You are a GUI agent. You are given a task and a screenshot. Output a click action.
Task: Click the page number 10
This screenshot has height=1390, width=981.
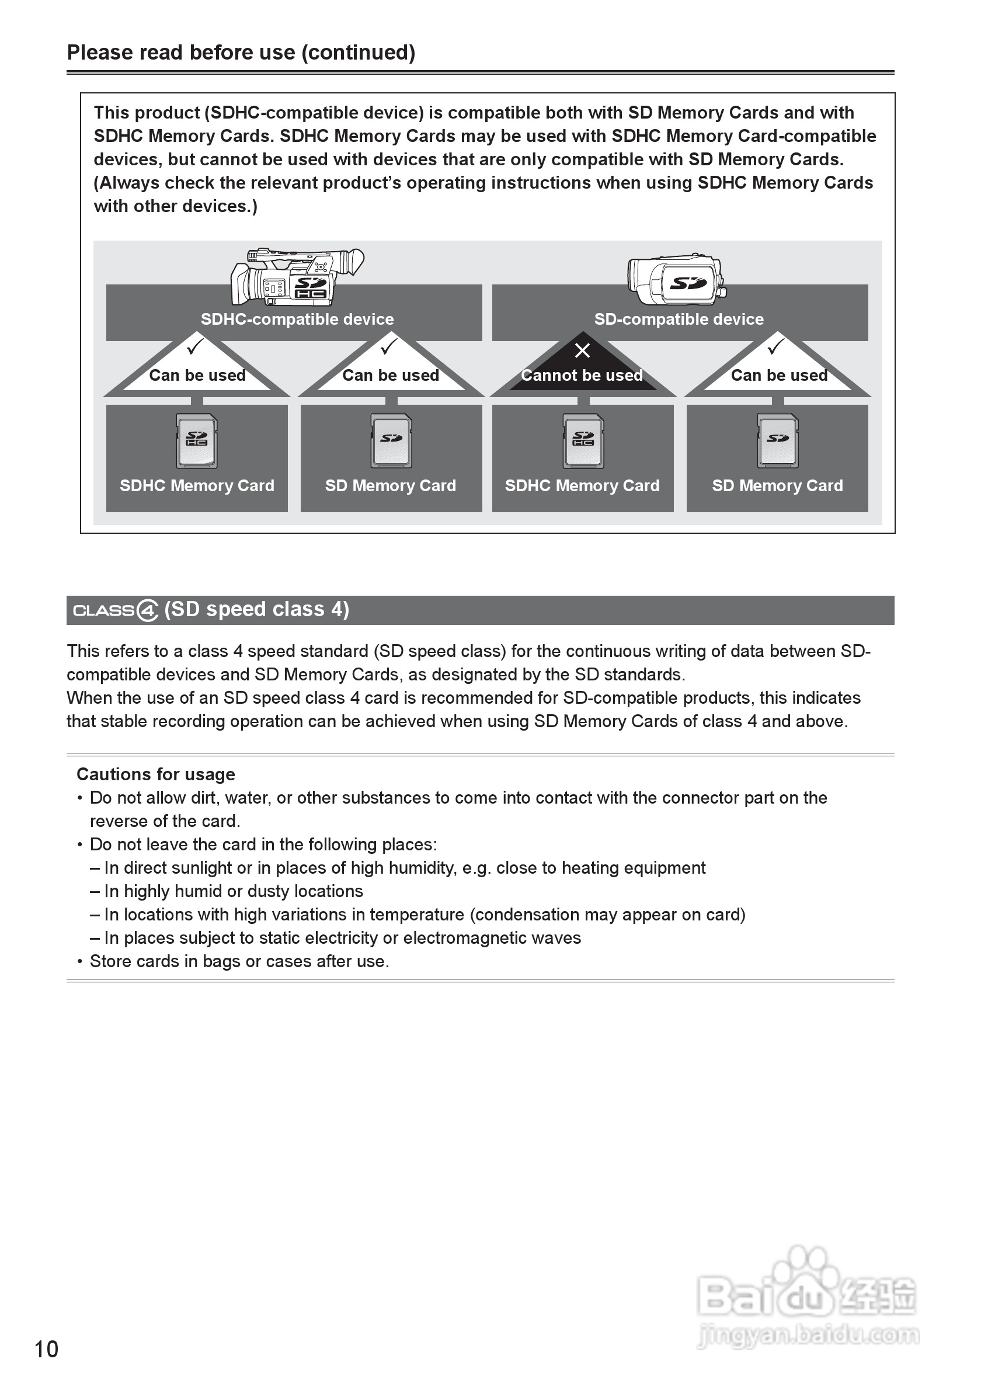click(47, 1349)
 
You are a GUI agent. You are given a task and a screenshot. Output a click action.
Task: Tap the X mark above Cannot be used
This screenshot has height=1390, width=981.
click(582, 350)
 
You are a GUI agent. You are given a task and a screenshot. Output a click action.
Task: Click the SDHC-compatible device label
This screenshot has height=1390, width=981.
click(297, 319)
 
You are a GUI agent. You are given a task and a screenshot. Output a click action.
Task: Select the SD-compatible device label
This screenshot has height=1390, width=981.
click(679, 319)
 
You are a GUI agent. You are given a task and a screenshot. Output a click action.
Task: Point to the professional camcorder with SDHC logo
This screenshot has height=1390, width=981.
click(297, 277)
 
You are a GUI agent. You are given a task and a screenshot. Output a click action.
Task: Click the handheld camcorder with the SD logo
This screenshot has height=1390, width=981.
click(677, 280)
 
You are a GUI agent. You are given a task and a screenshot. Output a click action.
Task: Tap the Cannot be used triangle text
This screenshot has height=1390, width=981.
click(582, 376)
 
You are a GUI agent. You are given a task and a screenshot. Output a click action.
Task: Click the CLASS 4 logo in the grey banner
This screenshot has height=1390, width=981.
click(116, 610)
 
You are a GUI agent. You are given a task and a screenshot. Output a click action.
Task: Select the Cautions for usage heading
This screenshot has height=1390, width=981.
click(155, 774)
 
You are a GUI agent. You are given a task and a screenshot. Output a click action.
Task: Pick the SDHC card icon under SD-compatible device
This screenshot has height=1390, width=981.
click(583, 441)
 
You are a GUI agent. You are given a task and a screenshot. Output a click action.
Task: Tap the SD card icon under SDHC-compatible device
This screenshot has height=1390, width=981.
click(391, 441)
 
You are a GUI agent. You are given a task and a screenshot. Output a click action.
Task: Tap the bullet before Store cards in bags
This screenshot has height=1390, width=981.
click(80, 961)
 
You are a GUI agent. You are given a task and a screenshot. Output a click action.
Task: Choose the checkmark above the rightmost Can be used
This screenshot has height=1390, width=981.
click(775, 347)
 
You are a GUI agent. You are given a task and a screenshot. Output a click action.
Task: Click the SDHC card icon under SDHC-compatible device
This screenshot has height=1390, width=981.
click(197, 441)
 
